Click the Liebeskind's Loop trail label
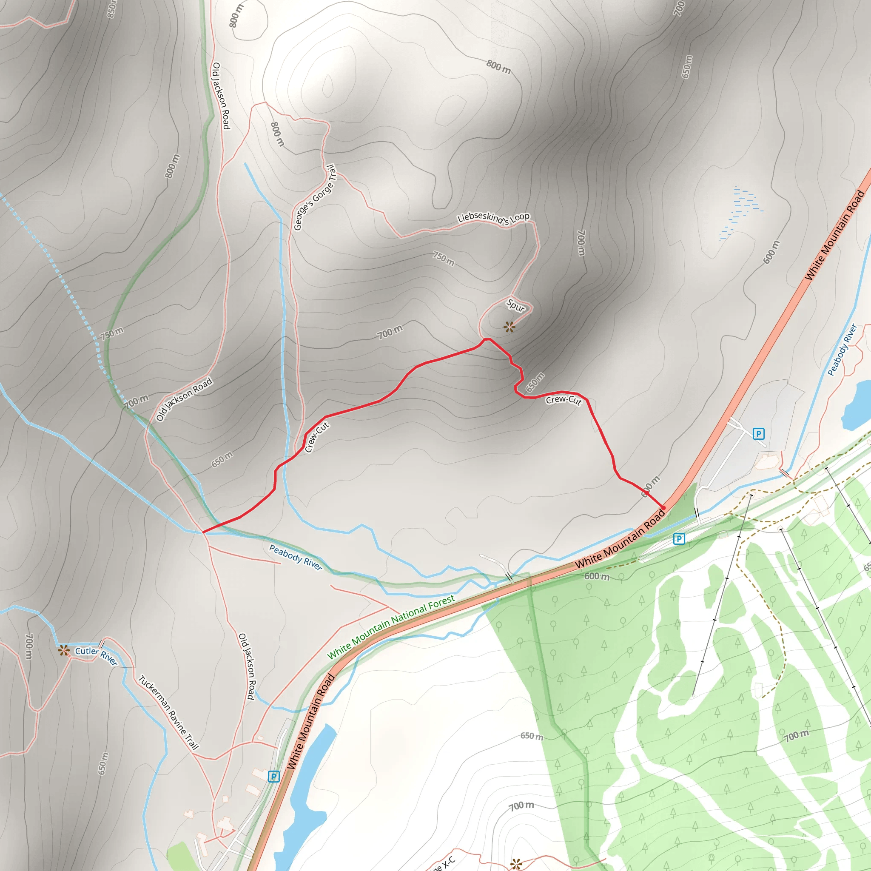tap(493, 218)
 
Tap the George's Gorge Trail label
tap(315, 197)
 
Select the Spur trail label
tap(516, 306)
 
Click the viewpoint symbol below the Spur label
tap(510, 327)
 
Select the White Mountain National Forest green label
tap(391, 627)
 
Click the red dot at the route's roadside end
tap(663, 508)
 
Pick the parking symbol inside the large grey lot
tap(759, 434)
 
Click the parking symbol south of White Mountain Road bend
tap(679, 538)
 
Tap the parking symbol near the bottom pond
tap(273, 776)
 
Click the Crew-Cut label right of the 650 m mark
tap(564, 400)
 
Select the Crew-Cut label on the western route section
tap(316, 437)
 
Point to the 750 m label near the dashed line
tap(112, 333)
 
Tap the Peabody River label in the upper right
tap(842, 350)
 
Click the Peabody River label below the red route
tap(296, 557)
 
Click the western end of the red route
tap(203, 532)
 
